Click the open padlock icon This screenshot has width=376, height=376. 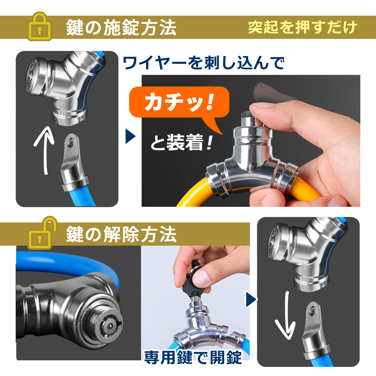42,233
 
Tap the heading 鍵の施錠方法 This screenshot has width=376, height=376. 121,28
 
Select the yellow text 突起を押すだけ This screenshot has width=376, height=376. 302,28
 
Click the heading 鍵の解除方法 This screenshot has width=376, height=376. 121,234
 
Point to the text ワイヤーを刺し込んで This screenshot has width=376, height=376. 204,63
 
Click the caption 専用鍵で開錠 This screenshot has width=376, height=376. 193,357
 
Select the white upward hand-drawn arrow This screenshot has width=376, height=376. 45,150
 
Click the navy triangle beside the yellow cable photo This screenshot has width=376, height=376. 130,136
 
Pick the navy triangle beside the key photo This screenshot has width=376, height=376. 251,300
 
